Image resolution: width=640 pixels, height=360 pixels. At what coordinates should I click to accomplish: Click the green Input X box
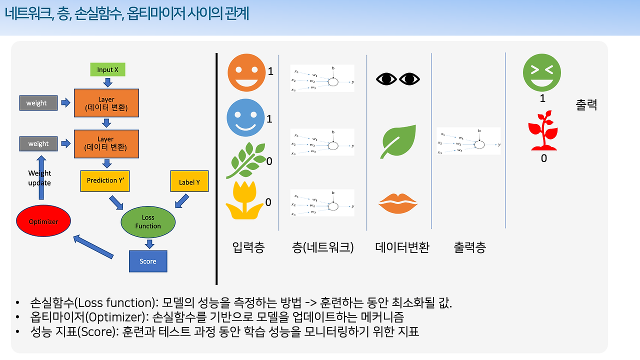point(107,69)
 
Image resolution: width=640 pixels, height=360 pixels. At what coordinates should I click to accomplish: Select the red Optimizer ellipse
point(43,221)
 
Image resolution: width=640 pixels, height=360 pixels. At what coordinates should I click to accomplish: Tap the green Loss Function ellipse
point(148,221)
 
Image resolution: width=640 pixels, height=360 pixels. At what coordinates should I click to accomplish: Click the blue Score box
point(147,261)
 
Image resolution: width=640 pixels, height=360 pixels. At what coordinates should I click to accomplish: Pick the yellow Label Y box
point(189,182)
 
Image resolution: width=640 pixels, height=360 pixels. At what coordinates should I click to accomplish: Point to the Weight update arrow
point(39,177)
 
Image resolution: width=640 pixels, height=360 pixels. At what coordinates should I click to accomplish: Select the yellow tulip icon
point(244,202)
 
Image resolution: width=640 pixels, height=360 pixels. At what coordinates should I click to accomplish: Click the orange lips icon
point(398,203)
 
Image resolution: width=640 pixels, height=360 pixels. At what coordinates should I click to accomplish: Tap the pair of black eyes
point(398,79)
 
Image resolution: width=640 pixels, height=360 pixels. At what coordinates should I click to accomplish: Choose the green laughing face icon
point(541,72)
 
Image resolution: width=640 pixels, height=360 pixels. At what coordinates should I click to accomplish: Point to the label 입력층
point(248,247)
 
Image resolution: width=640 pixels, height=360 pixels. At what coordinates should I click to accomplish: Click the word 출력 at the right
point(586,105)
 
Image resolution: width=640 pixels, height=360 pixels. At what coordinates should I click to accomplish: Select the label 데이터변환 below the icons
point(402,247)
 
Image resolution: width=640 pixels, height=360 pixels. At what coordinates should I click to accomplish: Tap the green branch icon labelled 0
point(246,161)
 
